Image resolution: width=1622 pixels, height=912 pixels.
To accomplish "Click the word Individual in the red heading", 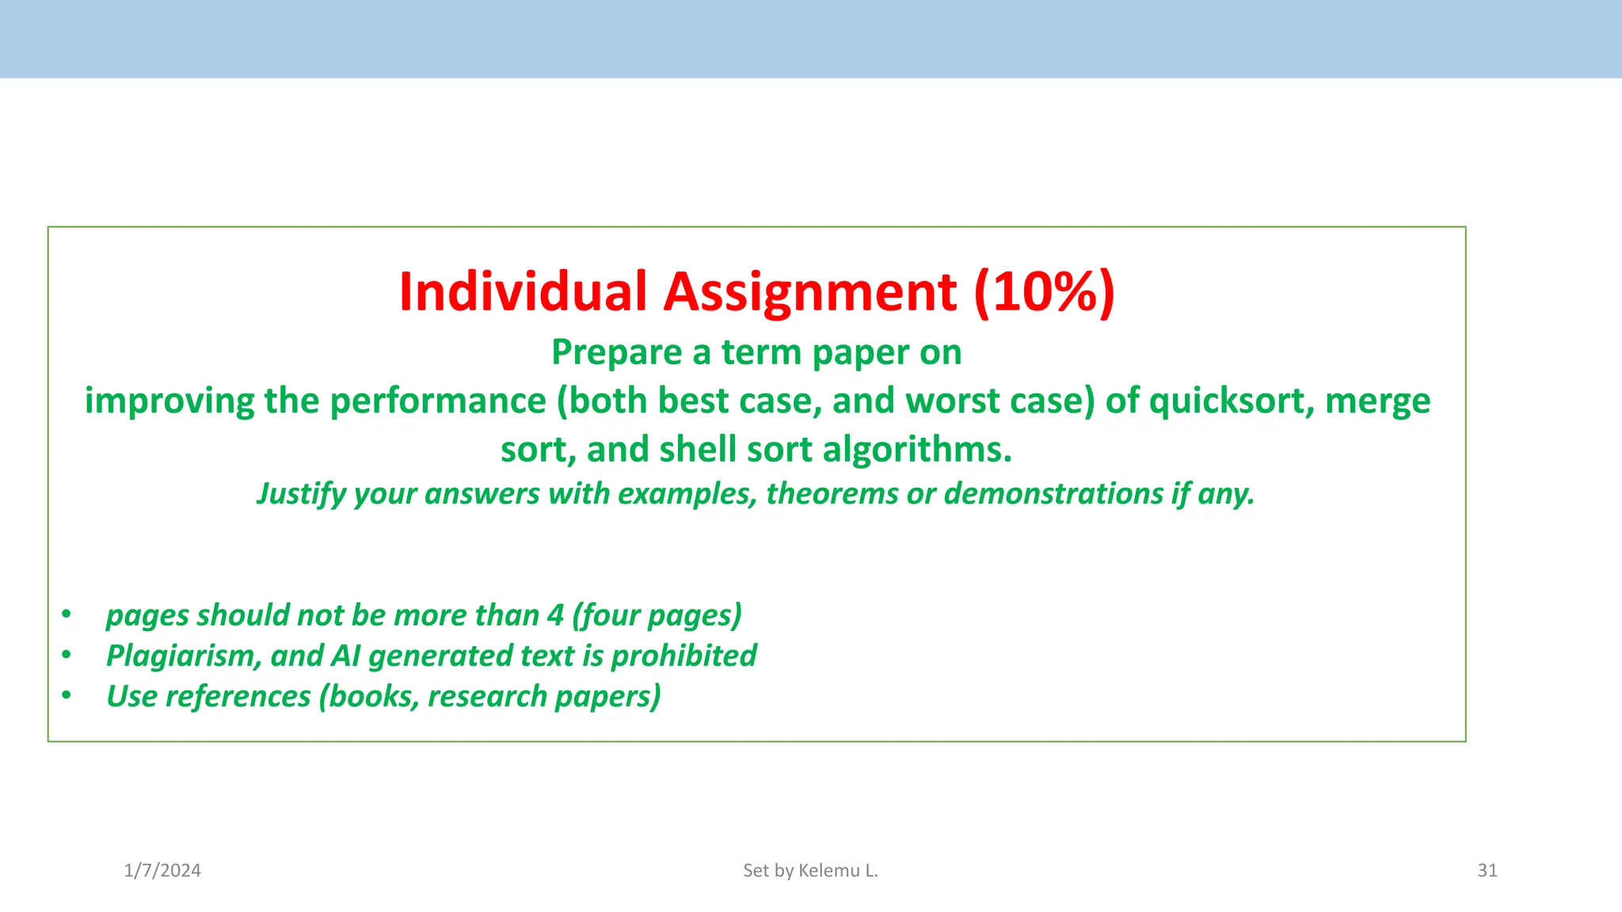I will (523, 291).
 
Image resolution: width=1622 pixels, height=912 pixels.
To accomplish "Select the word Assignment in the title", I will (809, 291).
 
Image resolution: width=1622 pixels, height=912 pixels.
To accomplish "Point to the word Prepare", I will (617, 352).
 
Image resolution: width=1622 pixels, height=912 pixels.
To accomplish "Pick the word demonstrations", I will (1053, 494).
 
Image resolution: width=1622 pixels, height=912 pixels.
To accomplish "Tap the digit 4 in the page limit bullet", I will (555, 615).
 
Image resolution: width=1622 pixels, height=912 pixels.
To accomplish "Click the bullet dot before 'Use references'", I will (67, 696).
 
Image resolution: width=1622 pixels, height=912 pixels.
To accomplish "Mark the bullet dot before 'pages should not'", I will (67, 614).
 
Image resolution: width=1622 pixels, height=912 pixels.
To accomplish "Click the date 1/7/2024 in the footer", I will (162, 871).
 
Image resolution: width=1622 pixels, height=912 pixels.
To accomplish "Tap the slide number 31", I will (1487, 871).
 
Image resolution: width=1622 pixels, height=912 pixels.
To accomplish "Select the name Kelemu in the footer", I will (828, 871).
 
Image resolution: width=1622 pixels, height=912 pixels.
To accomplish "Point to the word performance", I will (438, 401).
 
